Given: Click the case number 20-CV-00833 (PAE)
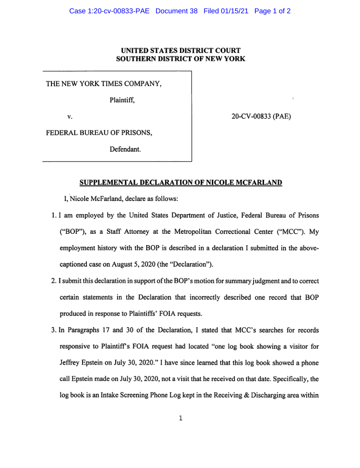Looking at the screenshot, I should [261, 117].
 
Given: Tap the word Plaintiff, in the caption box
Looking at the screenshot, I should [122, 101].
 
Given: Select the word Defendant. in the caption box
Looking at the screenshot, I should [125, 149].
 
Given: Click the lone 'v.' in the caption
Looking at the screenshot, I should [70, 117].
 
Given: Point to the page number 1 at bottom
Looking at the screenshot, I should [180, 418].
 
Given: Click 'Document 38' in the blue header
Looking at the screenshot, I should [176, 11].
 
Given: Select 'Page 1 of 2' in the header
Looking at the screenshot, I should [273, 11].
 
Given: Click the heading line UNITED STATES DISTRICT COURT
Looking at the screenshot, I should [180, 51].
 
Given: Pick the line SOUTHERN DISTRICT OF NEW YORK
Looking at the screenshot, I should [180, 59].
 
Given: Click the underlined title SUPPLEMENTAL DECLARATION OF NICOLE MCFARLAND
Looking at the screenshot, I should [180, 183].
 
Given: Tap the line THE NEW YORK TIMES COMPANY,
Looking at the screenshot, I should [104, 84].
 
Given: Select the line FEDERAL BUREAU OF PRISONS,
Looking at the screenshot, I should [100, 133].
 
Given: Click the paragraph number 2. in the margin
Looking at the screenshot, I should [54, 281].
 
